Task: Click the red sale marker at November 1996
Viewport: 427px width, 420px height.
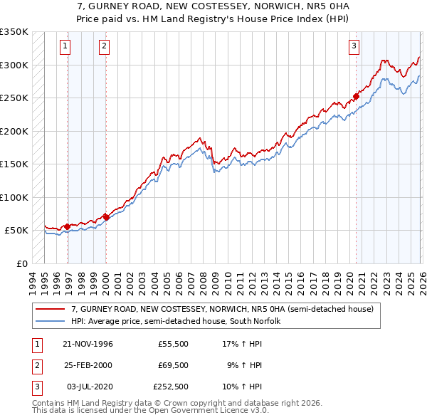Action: coord(68,226)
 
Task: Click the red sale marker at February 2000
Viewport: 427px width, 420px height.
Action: coord(106,216)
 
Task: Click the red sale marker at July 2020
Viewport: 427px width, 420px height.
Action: coord(355,97)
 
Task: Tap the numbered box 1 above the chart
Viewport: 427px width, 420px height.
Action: coord(65,47)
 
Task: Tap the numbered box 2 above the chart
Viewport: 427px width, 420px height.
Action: coord(104,47)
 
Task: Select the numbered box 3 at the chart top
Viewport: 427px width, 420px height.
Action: coord(354,47)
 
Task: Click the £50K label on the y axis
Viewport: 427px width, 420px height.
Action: coord(16,231)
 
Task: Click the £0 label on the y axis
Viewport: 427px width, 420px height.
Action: coord(21,263)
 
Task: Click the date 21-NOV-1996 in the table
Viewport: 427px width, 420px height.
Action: coord(88,344)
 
